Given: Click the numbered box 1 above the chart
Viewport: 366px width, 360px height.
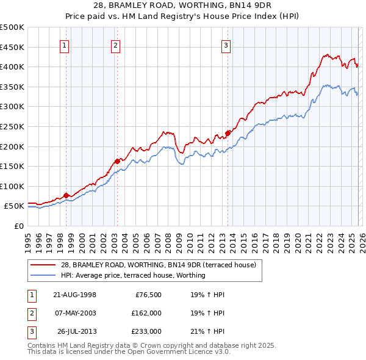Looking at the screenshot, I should point(65,45).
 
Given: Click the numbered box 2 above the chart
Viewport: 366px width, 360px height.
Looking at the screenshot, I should point(115,45).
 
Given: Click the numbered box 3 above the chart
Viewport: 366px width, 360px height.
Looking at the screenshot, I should point(226,45).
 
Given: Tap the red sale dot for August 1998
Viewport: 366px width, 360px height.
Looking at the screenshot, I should point(66,195).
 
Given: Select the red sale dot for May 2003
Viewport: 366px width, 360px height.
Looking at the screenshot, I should point(117,162).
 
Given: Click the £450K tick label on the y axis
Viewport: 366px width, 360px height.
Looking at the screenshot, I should point(12,47).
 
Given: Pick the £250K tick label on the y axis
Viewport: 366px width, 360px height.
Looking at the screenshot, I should point(12,126).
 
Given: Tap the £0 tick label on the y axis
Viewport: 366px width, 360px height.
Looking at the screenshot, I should point(18,226).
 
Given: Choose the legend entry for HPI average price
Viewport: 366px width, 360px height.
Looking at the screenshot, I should point(133,275).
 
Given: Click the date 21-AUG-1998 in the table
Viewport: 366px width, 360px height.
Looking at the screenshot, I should point(74,295).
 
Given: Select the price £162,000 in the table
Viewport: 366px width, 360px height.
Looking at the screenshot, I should point(146,313).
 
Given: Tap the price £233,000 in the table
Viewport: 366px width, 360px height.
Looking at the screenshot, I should point(146,331).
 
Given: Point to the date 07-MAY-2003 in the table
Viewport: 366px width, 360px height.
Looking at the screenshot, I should point(74,313).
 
